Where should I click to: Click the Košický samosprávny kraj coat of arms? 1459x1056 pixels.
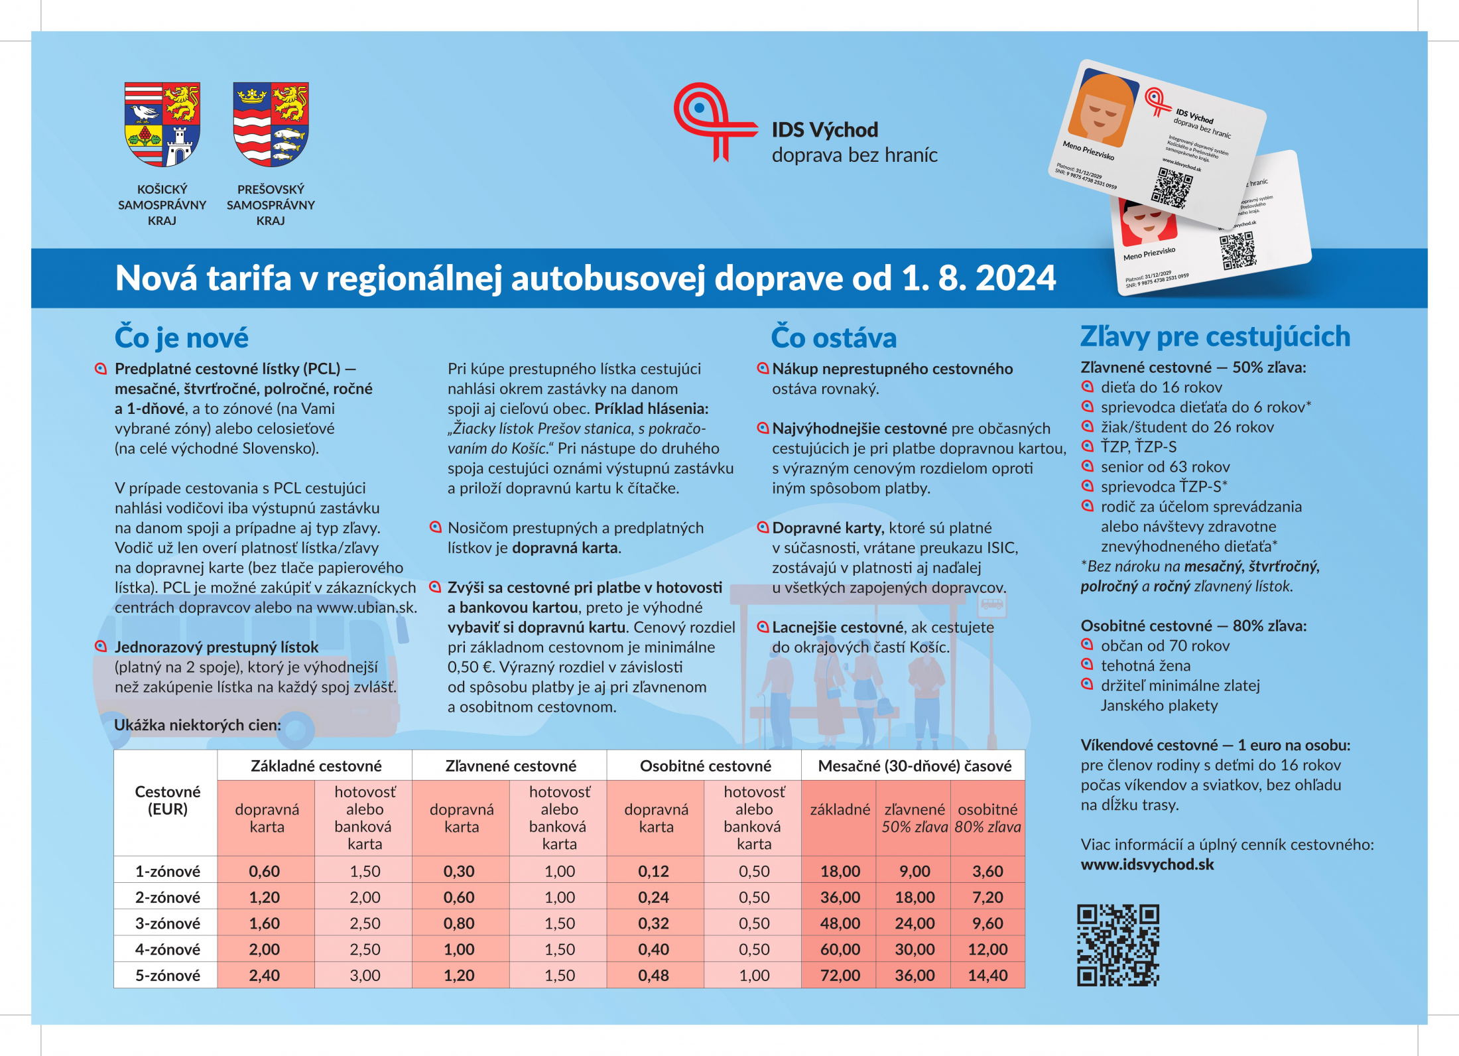pos(162,124)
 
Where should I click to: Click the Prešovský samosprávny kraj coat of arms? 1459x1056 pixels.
pos(271,124)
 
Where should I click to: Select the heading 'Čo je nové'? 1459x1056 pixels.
pos(182,338)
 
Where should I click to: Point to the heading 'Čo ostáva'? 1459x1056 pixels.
pos(834,338)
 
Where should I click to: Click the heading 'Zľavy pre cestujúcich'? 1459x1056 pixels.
pos(1215,336)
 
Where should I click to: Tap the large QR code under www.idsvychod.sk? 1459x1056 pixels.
pos(1118,945)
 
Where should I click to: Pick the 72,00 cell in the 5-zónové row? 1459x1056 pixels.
pos(840,975)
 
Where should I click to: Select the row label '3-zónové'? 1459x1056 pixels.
pos(167,923)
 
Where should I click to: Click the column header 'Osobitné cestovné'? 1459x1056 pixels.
pos(705,766)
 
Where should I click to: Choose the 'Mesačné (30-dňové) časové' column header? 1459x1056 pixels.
pos(915,766)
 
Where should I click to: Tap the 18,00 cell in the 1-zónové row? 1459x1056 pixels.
pos(840,871)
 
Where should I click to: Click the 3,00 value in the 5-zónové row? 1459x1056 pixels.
pos(365,975)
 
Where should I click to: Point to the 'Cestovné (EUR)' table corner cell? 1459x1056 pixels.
pos(167,800)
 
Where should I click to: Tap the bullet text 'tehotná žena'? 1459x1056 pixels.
pos(1145,665)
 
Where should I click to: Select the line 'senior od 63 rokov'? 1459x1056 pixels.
pos(1165,466)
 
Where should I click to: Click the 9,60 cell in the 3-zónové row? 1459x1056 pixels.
pos(987,923)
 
